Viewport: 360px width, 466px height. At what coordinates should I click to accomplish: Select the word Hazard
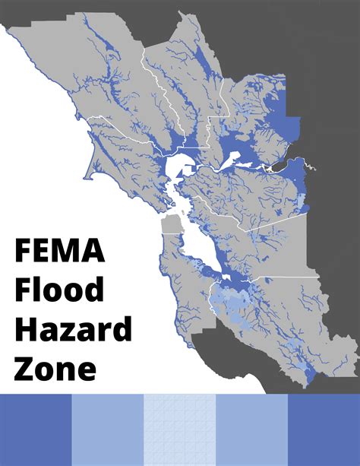point(73,329)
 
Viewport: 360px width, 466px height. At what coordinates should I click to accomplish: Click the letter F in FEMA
point(24,252)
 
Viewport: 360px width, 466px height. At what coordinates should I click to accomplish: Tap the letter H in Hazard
point(25,329)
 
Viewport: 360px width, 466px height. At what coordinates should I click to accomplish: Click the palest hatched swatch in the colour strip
point(180,430)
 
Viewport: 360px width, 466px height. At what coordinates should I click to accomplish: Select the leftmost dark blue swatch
point(36,430)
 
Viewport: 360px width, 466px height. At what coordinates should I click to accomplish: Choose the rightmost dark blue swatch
point(324,430)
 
